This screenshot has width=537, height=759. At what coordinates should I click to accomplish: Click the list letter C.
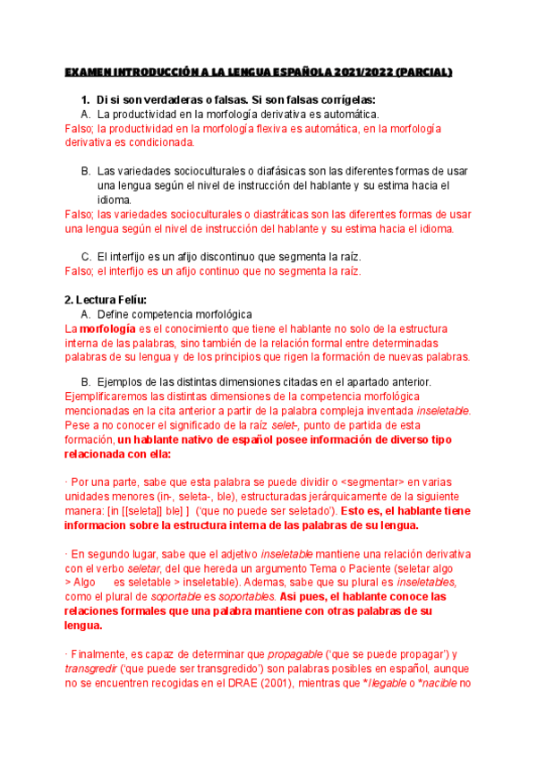pos(85,257)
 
